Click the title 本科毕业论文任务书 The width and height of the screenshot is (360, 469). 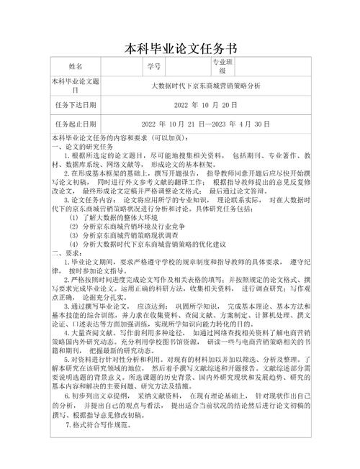[180, 49]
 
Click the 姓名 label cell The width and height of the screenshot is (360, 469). [76, 67]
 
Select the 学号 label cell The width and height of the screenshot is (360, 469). [153, 67]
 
